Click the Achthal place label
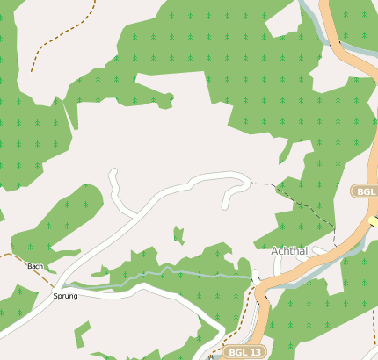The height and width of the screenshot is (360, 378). (289, 251)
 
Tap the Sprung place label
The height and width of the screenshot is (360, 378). (66, 296)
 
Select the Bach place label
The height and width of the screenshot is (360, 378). (35, 266)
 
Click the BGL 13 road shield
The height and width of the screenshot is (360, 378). (244, 352)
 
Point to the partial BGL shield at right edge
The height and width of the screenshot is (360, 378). (365, 191)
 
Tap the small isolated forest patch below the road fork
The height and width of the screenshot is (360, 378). (178, 234)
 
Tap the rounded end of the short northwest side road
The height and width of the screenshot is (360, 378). (113, 172)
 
